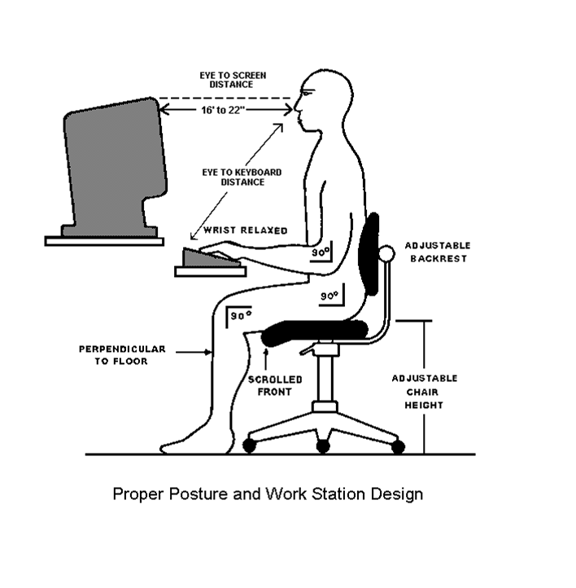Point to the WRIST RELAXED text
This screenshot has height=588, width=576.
point(245,230)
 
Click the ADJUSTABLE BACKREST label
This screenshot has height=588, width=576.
point(437,252)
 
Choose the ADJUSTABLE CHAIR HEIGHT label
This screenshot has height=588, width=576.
point(424,392)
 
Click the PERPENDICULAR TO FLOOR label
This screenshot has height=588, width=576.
point(122,354)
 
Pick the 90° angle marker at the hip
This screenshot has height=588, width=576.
point(329,296)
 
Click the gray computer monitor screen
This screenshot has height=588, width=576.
point(114,163)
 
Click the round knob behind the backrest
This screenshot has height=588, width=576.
point(387,254)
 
